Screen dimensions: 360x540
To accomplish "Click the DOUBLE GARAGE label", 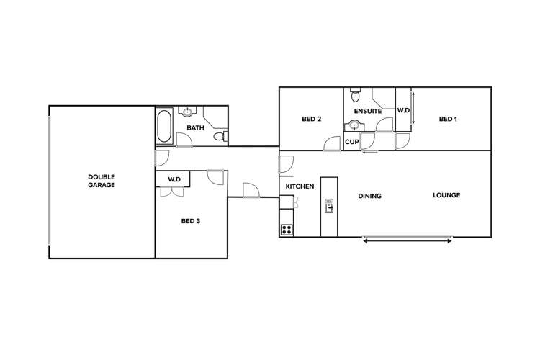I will (x=102, y=181).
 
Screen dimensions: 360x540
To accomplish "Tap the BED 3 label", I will (x=190, y=221).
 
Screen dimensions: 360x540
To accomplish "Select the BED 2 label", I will (x=311, y=120).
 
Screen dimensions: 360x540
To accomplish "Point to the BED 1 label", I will (x=448, y=120).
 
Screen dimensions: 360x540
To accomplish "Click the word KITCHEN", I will (x=300, y=186).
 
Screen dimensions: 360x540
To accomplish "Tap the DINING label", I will (x=369, y=196).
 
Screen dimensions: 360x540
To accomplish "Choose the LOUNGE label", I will (x=446, y=195).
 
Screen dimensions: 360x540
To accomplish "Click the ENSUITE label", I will (x=367, y=111).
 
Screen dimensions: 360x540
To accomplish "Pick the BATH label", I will (x=195, y=128).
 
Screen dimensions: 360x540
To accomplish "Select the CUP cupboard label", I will (x=351, y=142).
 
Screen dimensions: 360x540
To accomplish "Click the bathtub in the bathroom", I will (x=164, y=127).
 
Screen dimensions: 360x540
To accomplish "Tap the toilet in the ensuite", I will (x=354, y=95).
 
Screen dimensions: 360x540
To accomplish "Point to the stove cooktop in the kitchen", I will (x=287, y=230).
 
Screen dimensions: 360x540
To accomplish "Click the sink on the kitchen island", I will (x=328, y=207).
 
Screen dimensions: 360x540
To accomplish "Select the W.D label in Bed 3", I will (x=174, y=179).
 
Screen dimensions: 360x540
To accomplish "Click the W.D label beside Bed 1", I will (x=403, y=111).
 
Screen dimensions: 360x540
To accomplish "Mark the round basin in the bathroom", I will (x=187, y=112).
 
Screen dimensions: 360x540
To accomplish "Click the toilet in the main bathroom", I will (x=225, y=135).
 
